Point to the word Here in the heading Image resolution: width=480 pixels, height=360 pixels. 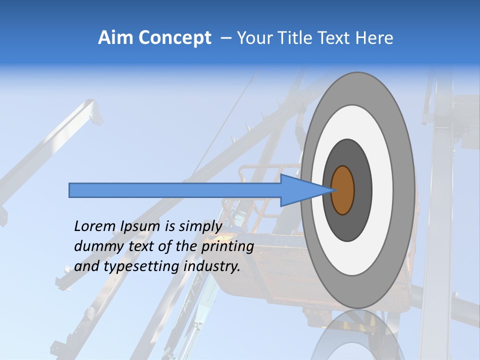click(x=374, y=38)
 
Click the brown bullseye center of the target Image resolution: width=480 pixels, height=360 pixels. click(x=343, y=190)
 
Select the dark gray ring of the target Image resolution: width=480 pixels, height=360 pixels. click(x=362, y=190)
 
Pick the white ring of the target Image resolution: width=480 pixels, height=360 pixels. click(x=382, y=190)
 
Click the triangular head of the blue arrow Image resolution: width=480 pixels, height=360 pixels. click(x=300, y=190)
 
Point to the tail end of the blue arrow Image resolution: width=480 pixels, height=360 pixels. click(x=72, y=190)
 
